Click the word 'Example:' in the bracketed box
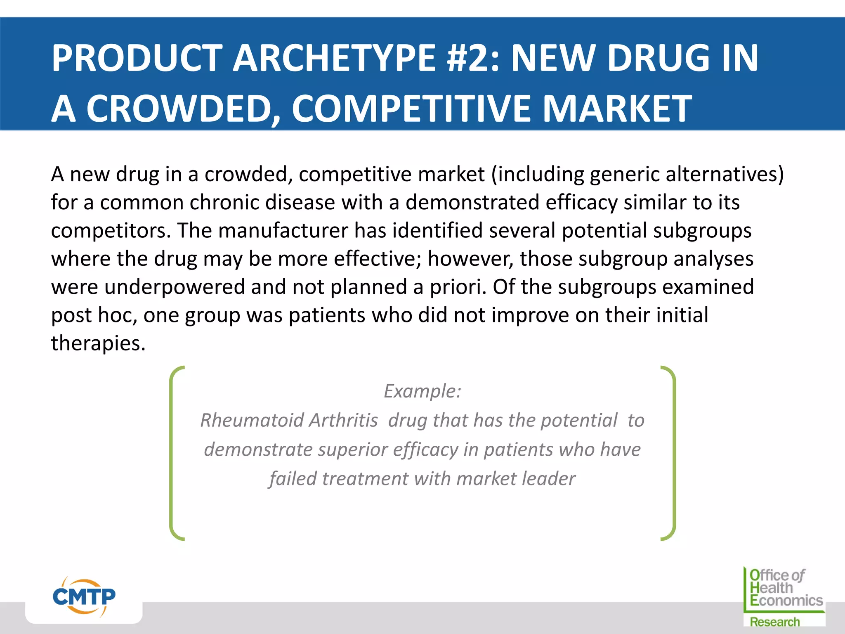(x=422, y=391)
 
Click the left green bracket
(x=173, y=453)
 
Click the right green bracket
(x=672, y=453)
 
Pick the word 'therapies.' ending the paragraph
(x=98, y=343)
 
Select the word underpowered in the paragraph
(x=175, y=287)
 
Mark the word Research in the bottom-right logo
(x=774, y=622)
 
